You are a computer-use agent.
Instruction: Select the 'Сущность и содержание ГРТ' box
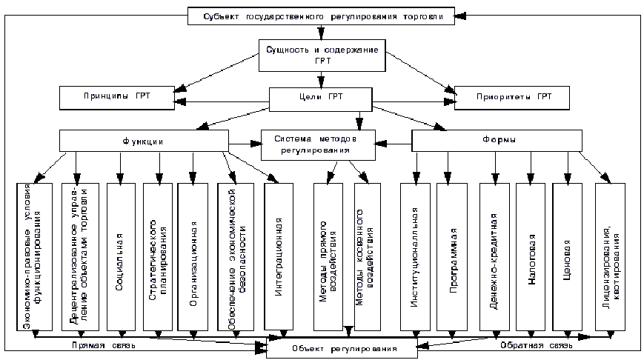coord(322,55)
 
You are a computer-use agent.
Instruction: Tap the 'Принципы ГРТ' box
coord(116,98)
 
